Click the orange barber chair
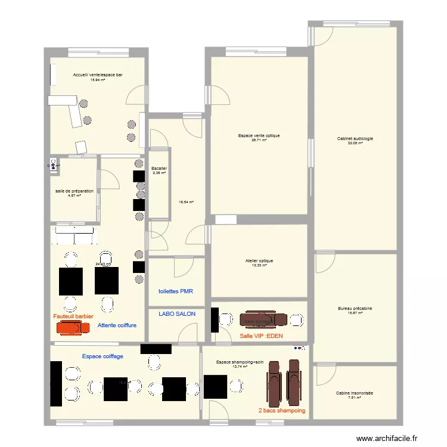pyautogui.click(x=70, y=327)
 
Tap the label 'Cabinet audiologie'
pyautogui.click(x=355, y=139)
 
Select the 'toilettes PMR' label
pyautogui.click(x=176, y=291)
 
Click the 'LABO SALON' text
pyautogui.click(x=177, y=313)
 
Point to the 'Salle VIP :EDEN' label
pyautogui.click(x=261, y=336)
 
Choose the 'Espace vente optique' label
pyautogui.click(x=259, y=136)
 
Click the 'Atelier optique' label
pyautogui.click(x=259, y=260)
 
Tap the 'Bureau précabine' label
pyautogui.click(x=355, y=308)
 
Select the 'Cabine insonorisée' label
pyautogui.click(x=355, y=393)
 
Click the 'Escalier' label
pyautogui.click(x=159, y=169)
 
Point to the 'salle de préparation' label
pyautogui.click(x=74, y=191)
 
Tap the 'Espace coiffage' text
pyautogui.click(x=103, y=356)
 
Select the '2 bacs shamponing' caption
pyautogui.click(x=282, y=411)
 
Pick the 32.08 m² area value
pyautogui.click(x=355, y=144)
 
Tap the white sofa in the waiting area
pyautogui.click(x=73, y=235)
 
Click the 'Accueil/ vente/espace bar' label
pyautogui.click(x=98, y=75)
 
